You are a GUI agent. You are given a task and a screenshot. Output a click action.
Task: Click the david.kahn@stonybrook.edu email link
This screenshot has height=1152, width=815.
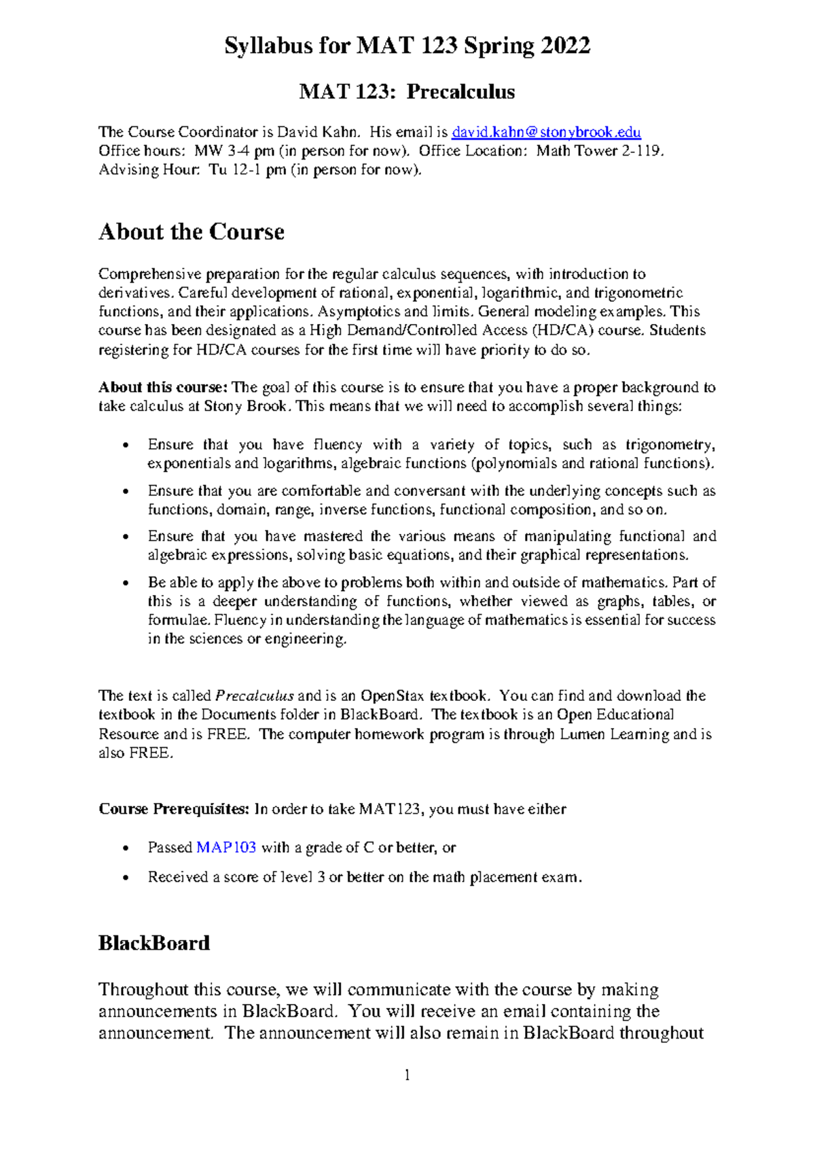click(x=546, y=132)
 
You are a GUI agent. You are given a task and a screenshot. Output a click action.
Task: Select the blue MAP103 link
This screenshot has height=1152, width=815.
click(x=226, y=847)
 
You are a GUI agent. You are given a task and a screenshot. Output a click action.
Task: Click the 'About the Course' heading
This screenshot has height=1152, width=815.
click(x=192, y=232)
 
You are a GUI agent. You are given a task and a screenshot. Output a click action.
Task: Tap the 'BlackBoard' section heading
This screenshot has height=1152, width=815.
click(x=154, y=943)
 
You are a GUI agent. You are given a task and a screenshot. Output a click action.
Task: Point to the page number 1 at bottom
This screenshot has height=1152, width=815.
click(x=407, y=1075)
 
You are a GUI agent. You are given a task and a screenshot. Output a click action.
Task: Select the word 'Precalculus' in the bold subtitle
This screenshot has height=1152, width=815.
click(x=460, y=92)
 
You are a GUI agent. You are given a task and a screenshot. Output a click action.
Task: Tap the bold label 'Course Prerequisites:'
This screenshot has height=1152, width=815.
click(x=174, y=809)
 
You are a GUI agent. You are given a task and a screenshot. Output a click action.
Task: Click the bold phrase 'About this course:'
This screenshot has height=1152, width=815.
click(x=162, y=387)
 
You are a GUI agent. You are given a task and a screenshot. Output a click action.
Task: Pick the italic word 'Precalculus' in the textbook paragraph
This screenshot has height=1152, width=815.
click(x=255, y=696)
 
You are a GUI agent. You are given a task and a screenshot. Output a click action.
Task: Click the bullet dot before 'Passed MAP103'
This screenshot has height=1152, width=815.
click(x=124, y=848)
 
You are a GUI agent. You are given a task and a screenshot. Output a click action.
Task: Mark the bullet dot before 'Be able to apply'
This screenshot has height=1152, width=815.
click(x=124, y=583)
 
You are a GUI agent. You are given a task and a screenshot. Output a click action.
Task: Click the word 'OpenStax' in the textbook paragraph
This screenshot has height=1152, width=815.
click(x=392, y=696)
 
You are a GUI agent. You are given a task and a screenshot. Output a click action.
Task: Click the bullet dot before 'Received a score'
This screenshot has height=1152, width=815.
click(x=124, y=878)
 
